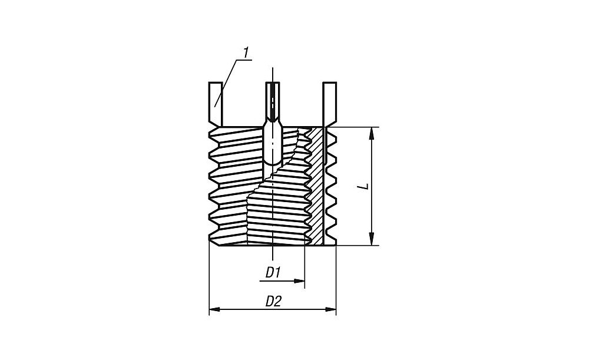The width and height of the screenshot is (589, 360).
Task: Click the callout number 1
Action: [x=246, y=52]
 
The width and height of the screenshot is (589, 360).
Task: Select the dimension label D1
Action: [x=273, y=272]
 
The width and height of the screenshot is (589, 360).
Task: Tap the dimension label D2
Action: [x=273, y=302]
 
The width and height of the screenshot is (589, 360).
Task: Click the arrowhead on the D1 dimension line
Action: [x=299, y=280]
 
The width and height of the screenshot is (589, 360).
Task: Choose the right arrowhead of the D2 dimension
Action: [x=330, y=309]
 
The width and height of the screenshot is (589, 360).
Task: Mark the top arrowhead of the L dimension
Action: [x=372, y=133]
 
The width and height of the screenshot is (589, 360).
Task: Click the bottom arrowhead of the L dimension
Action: [x=372, y=239]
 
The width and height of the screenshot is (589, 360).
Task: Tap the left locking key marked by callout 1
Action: [x=216, y=104]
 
